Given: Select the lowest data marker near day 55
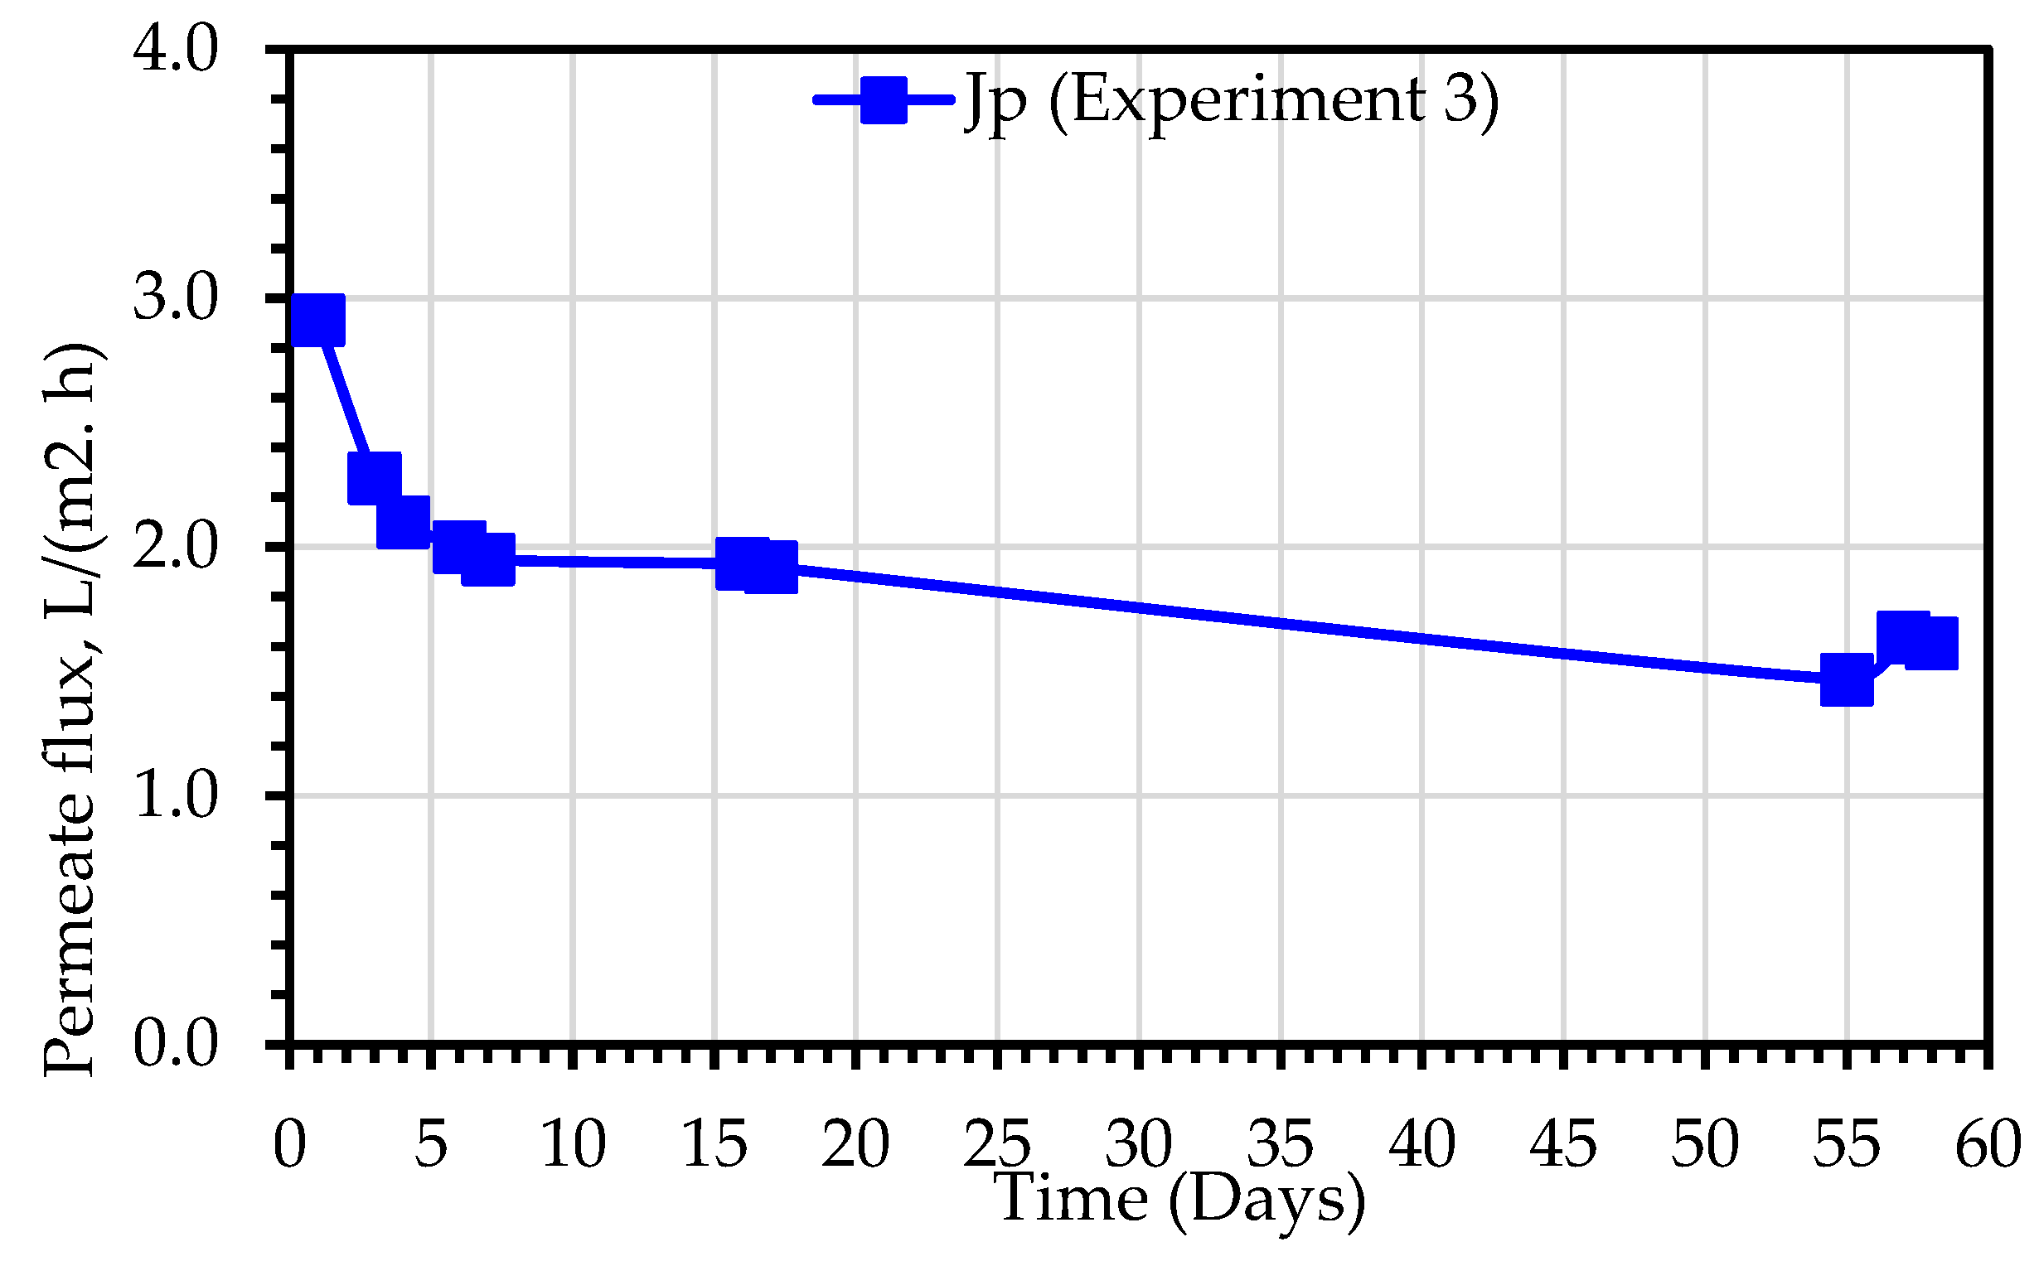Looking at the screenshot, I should point(1847,682).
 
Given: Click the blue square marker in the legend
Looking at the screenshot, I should point(884,100).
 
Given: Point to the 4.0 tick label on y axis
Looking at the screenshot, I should point(175,51).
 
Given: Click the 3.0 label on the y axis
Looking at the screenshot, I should point(175,298).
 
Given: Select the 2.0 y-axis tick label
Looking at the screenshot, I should point(175,547).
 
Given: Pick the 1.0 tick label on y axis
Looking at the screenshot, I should point(175,795).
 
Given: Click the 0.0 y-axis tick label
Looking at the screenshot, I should point(175,1044).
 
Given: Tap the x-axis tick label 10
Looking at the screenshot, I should point(573,1144).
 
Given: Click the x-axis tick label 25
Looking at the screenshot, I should point(997,1144).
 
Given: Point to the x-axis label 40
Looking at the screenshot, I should point(1421,1144).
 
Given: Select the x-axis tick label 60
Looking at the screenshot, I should point(1988,1144).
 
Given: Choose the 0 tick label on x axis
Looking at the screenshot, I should point(290,1144).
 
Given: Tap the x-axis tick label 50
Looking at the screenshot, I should point(1705,1144).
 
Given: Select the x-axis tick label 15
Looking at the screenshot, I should point(714,1144).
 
